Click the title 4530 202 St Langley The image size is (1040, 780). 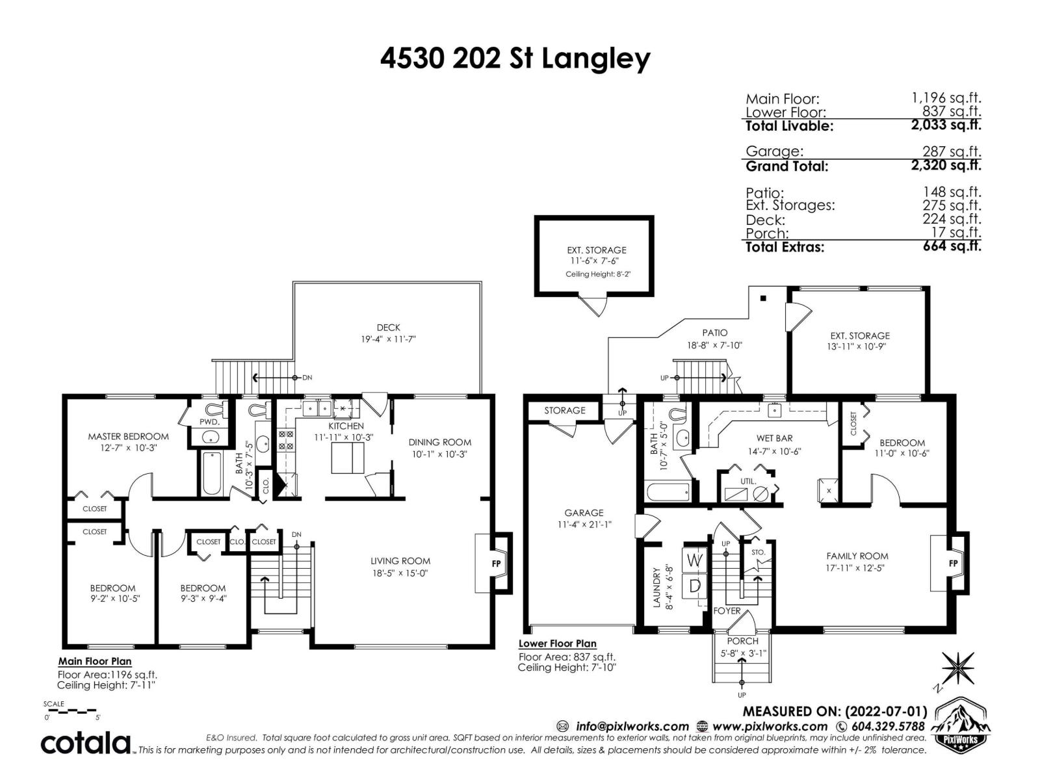[x=515, y=59]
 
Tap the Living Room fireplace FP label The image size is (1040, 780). [x=496, y=563]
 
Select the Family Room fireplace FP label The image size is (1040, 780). [x=954, y=563]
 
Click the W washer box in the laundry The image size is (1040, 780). [x=694, y=560]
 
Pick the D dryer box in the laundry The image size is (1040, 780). [x=694, y=586]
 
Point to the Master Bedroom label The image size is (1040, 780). [x=128, y=436]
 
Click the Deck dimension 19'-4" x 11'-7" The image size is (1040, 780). [x=388, y=339]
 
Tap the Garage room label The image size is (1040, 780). [x=584, y=512]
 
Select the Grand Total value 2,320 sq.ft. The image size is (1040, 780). [x=946, y=165]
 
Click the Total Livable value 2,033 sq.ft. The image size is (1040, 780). [x=946, y=125]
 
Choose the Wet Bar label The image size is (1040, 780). [x=774, y=438]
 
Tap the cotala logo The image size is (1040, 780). [x=86, y=742]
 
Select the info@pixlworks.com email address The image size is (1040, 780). [x=632, y=726]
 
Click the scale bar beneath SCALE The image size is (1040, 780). [x=71, y=710]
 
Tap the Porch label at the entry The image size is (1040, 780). [x=742, y=641]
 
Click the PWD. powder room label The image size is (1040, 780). [x=209, y=422]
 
